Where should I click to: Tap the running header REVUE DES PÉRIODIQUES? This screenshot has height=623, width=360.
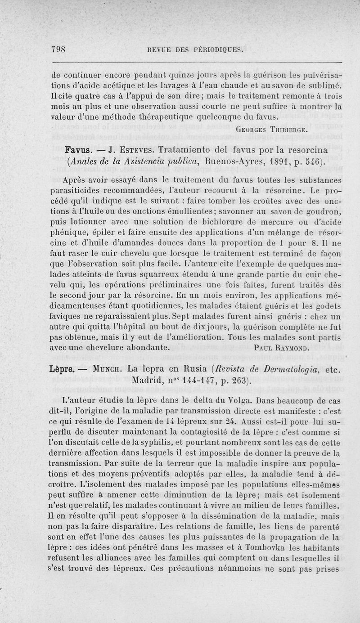[192, 49]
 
